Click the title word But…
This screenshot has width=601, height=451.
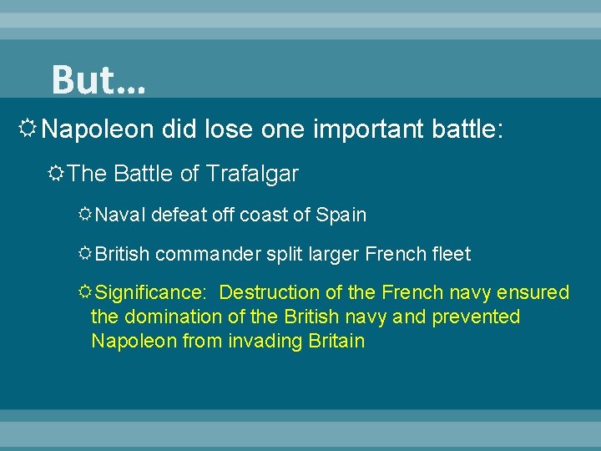tap(98, 80)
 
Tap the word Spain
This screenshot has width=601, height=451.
tap(341, 215)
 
